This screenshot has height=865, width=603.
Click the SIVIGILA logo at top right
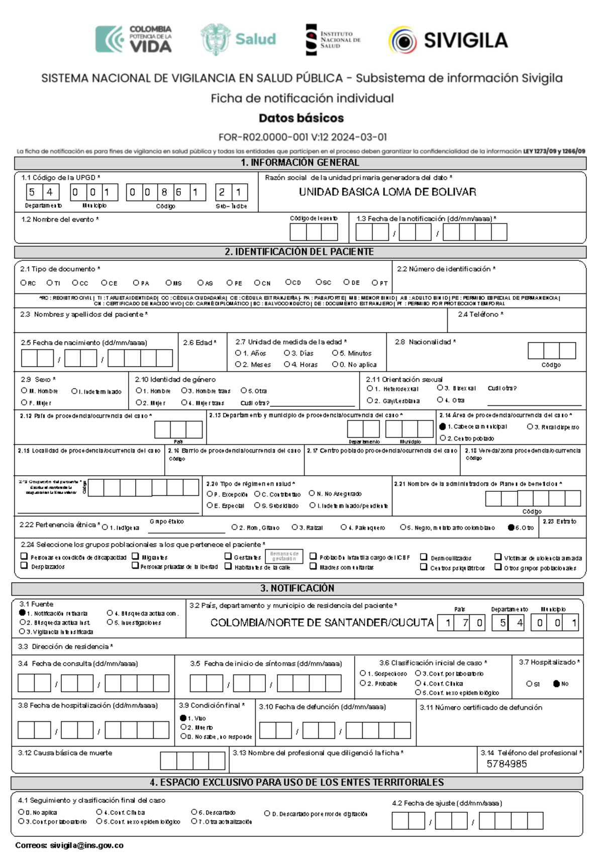[448, 40]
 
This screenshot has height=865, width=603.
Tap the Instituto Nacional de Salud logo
[333, 40]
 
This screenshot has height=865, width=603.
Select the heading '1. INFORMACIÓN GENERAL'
[300, 163]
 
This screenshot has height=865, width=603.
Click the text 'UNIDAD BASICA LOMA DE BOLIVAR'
[387, 192]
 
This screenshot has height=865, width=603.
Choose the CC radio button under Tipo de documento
[75, 283]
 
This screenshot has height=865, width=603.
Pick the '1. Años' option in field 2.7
[238, 353]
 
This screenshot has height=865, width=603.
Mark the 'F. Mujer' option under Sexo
[24, 402]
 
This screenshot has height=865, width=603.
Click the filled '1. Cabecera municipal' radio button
[443, 426]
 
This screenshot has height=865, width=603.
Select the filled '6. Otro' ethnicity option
[511, 527]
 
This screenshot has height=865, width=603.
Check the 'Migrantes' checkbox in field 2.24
[135, 556]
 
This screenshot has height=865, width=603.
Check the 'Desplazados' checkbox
[24, 566]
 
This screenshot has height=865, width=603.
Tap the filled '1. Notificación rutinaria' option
[22, 613]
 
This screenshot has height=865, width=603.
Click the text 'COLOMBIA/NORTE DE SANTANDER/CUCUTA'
[322, 623]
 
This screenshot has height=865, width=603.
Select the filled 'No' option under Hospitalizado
[556, 684]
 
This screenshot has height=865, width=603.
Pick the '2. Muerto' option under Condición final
[184, 727]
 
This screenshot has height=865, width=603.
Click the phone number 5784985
[507, 764]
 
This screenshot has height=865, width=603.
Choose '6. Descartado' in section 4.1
[194, 812]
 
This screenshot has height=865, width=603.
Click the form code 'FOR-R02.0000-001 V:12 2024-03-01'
[303, 137]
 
